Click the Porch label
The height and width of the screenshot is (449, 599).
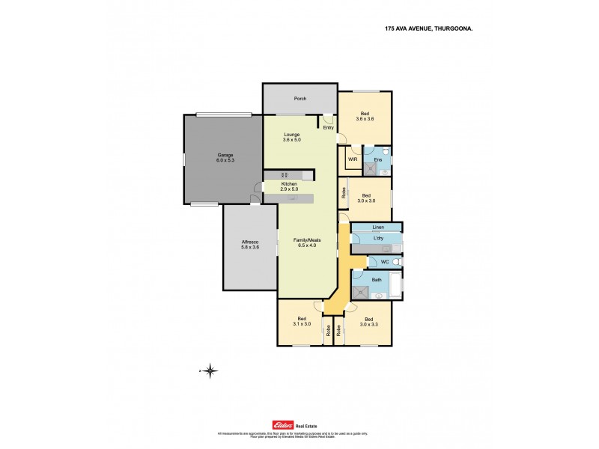(300, 99)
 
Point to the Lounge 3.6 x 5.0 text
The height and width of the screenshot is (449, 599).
(291, 138)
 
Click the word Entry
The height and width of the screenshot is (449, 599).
(328, 127)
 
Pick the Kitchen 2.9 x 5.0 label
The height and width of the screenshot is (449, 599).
(289, 187)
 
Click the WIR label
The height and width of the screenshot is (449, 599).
(352, 159)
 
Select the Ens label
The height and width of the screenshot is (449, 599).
(378, 159)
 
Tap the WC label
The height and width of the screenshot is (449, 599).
(384, 262)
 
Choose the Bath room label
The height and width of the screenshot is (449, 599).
(377, 280)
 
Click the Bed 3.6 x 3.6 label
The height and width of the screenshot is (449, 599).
(364, 116)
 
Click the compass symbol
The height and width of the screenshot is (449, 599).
(211, 370)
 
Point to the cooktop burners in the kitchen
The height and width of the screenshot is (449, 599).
(273, 175)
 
